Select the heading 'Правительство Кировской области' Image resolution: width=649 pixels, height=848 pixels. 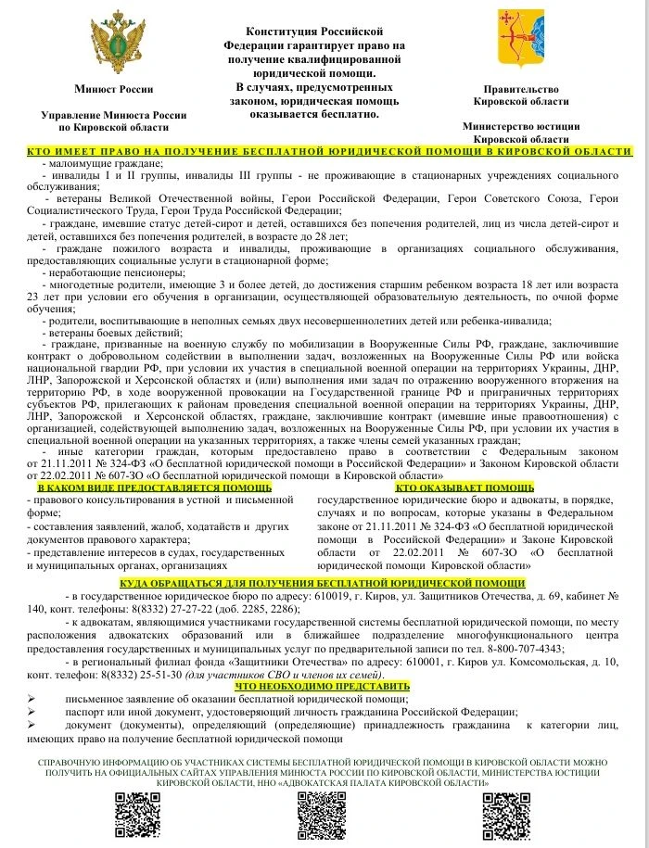(527, 95)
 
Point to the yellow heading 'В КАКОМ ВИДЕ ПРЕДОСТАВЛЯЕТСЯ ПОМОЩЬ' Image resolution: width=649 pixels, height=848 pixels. (155, 487)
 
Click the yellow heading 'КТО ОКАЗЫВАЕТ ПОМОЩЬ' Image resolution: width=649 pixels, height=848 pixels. (464, 487)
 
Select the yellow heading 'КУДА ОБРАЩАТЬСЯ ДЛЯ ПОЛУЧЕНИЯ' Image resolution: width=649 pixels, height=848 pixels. (323, 583)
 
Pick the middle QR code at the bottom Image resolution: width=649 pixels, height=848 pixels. (321, 815)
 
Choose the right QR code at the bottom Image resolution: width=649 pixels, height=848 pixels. (505, 815)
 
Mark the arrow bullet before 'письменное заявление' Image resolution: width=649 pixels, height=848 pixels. (32, 699)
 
